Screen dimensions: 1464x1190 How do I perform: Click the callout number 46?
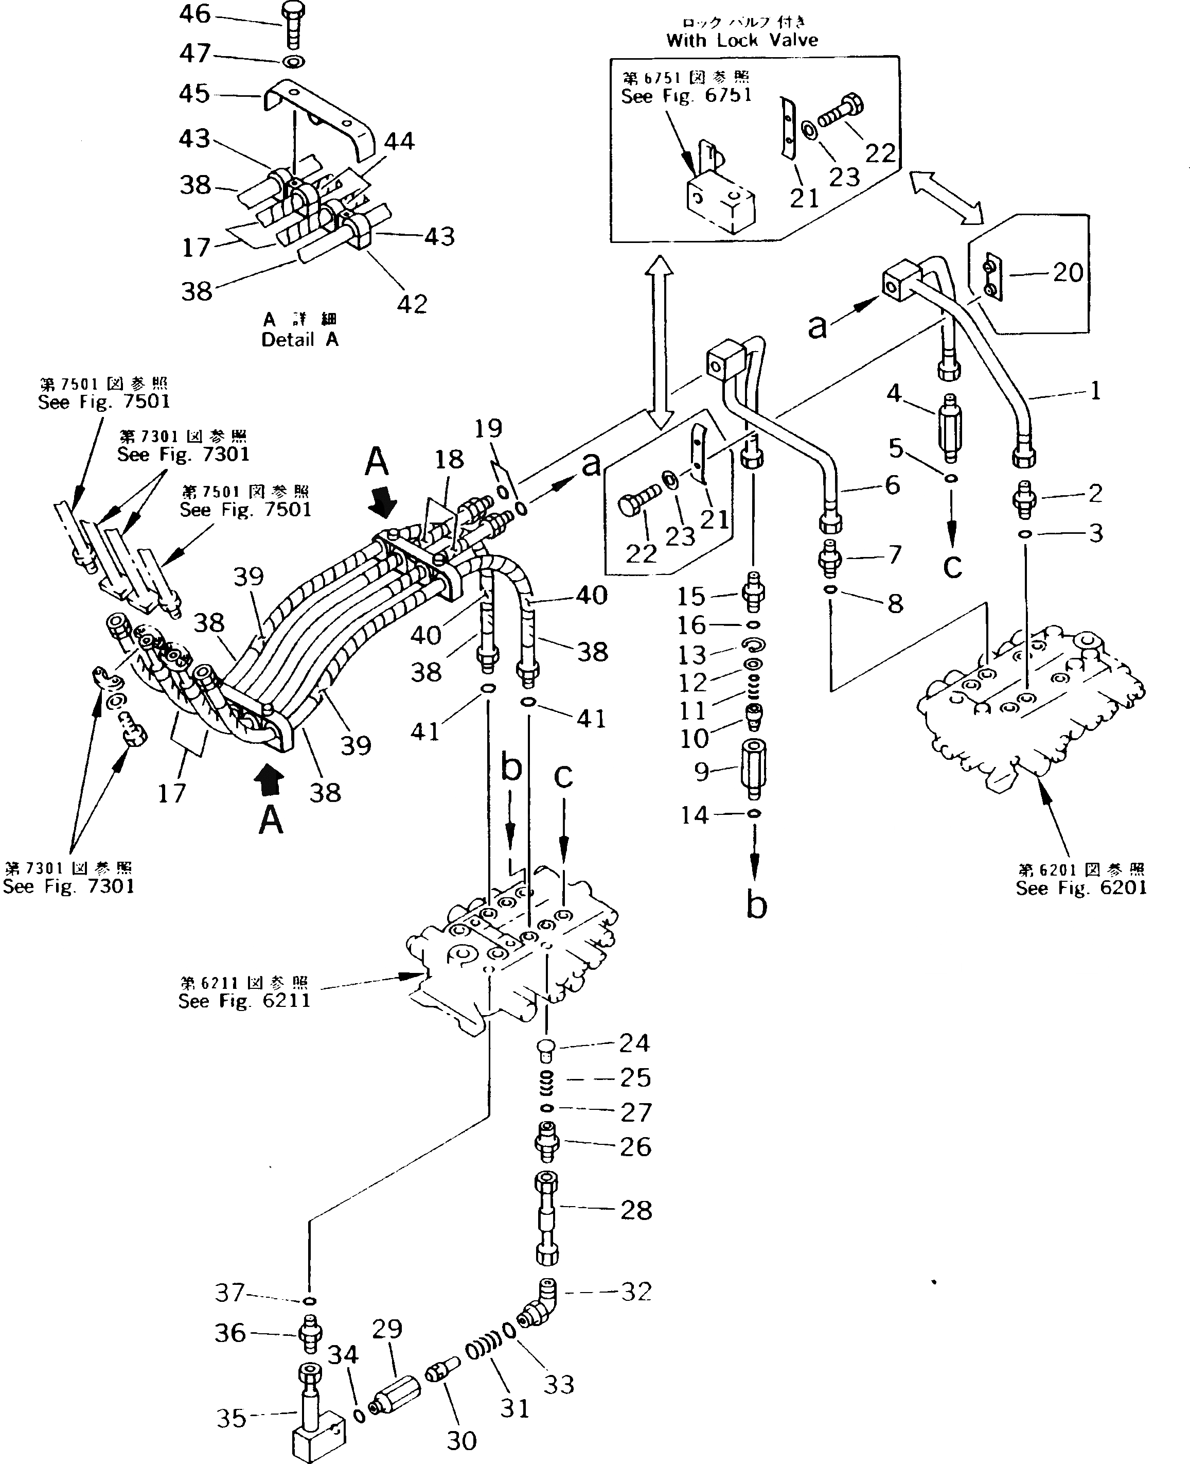(x=194, y=14)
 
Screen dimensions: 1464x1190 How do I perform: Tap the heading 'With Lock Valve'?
(x=742, y=40)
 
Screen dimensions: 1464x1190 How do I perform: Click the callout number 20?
(x=1068, y=273)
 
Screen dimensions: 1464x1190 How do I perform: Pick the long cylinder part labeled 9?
(x=753, y=768)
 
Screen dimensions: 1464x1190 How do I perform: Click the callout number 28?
(x=635, y=1210)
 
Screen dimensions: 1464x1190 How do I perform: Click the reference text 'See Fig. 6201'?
(x=1081, y=888)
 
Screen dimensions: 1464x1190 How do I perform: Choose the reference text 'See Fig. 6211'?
(x=244, y=1001)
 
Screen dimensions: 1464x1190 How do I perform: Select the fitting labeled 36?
(x=310, y=1334)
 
